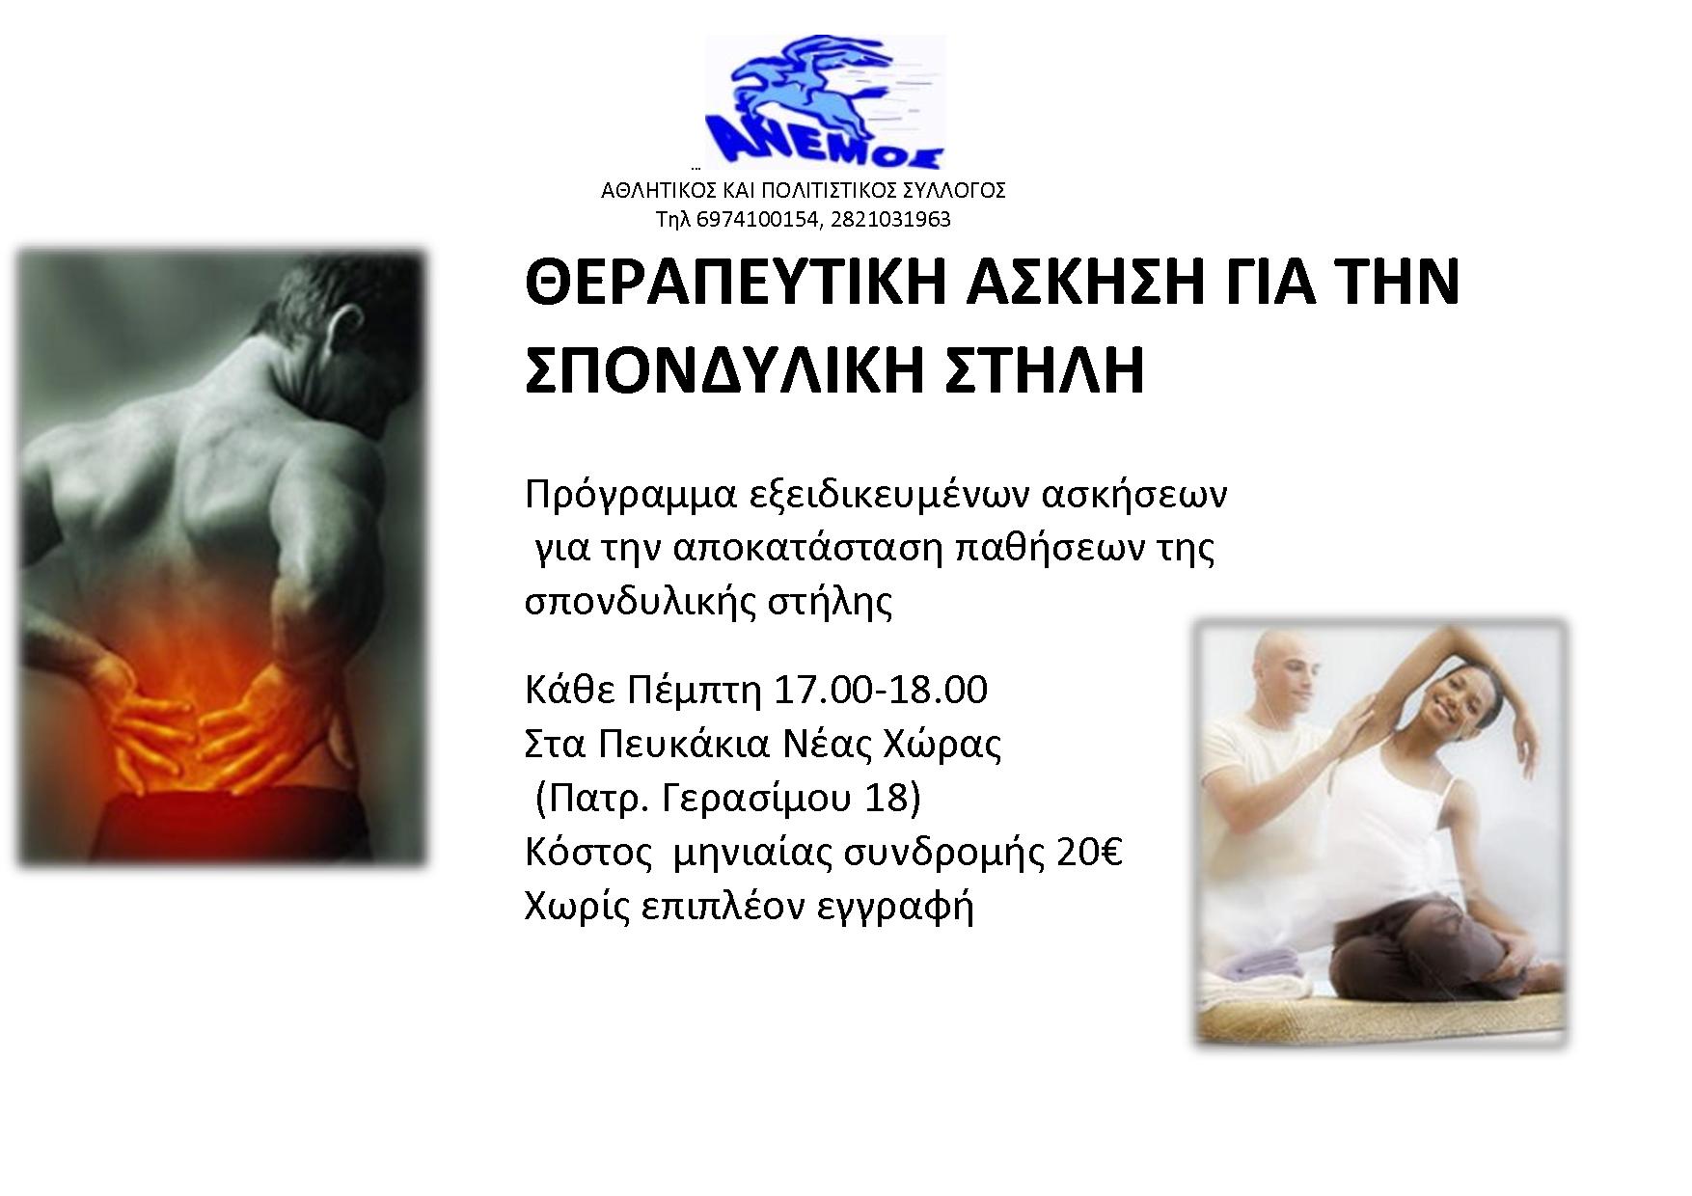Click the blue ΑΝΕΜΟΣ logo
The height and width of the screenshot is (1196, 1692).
(826, 103)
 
